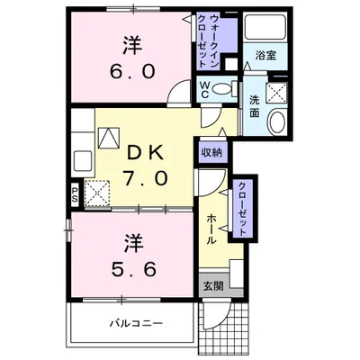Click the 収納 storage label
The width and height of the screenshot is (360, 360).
(x=212, y=152)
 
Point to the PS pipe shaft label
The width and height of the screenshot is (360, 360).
(x=75, y=193)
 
